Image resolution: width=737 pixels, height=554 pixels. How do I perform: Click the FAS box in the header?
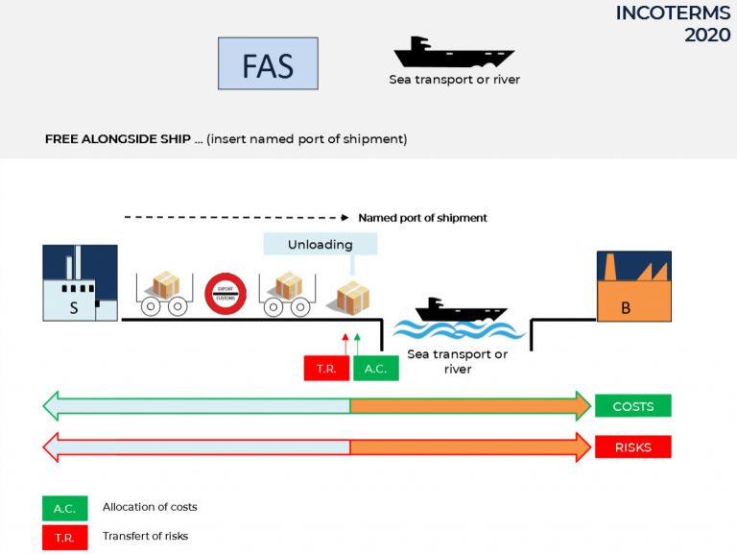pos(268,63)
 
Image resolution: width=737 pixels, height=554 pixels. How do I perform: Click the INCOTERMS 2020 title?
pos(673,24)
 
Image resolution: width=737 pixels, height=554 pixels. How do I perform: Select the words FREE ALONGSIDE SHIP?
pos(116,139)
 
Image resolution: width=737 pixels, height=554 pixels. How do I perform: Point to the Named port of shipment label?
pos(422,218)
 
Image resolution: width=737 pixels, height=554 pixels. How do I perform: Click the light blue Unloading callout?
pos(321,244)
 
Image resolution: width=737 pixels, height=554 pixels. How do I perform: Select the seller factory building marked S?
pos(80,282)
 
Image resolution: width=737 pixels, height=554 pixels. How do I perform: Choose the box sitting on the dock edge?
pos(352,298)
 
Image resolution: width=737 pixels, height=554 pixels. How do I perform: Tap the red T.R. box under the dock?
pos(326,368)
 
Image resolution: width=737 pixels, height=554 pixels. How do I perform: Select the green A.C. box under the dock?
pos(375,368)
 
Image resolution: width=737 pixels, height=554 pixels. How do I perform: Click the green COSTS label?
pos(632,406)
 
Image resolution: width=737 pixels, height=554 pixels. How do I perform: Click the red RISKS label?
pos(632,446)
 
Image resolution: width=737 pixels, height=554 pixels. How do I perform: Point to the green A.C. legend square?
pos(65,508)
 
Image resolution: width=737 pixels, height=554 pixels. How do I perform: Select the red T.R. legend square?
pos(65,537)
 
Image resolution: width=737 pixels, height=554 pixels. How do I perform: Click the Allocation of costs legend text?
pos(150,507)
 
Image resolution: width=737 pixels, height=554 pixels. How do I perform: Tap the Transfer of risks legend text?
pos(145,536)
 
